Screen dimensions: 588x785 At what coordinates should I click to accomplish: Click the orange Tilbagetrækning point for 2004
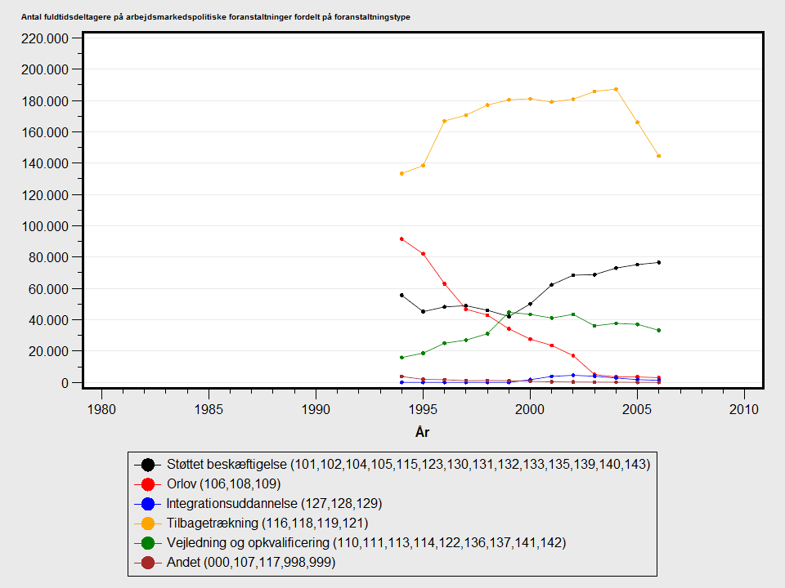click(x=616, y=89)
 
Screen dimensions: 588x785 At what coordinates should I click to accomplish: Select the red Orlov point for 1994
click(x=401, y=238)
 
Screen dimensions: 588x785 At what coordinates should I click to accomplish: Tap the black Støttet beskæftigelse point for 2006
click(x=658, y=262)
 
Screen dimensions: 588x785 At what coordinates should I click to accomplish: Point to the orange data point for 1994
click(x=401, y=173)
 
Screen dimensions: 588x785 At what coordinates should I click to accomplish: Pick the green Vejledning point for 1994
click(x=401, y=357)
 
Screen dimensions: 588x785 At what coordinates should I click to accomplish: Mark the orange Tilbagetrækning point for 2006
click(x=658, y=156)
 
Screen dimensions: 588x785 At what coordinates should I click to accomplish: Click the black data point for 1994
click(x=401, y=295)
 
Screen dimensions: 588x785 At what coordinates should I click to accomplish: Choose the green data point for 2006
click(x=658, y=330)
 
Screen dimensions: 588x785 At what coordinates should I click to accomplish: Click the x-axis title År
click(x=423, y=431)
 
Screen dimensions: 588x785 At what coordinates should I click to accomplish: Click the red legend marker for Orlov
click(x=148, y=483)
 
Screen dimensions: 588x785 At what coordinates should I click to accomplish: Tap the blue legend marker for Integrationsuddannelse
click(x=148, y=503)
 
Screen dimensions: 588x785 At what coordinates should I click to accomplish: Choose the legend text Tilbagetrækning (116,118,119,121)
click(x=267, y=523)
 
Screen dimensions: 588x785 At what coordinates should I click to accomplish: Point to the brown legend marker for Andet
click(x=148, y=562)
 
